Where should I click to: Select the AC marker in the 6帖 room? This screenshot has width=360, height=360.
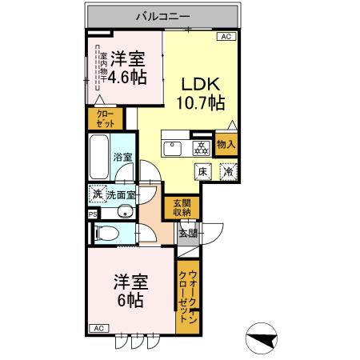point(99,329)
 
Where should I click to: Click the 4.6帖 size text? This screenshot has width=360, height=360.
point(126,78)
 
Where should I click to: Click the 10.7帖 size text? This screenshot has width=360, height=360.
point(199,103)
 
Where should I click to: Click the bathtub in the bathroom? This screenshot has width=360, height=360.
point(98,157)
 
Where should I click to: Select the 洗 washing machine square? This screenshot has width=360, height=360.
point(96,194)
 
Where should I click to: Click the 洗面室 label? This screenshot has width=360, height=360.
point(121,195)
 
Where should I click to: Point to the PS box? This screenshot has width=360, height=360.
point(92,214)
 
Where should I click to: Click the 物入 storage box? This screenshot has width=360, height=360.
point(226,145)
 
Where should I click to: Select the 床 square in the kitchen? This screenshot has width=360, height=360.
point(203,170)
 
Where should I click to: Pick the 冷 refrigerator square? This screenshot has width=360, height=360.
point(227,170)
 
